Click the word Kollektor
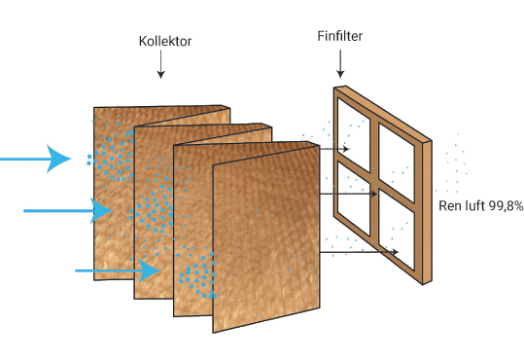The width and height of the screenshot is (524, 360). [x=165, y=41]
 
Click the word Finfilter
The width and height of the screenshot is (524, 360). [x=340, y=36]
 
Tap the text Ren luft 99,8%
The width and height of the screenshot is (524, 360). [x=480, y=205]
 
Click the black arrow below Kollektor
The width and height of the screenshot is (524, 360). [x=160, y=64]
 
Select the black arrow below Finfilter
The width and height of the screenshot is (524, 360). [x=340, y=63]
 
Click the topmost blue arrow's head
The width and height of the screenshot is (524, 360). [x=57, y=159]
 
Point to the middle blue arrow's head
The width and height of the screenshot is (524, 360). [x=100, y=210]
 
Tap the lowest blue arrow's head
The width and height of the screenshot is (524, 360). [x=149, y=270]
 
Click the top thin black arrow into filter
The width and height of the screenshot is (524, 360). [x=334, y=149]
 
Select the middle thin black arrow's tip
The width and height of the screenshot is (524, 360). [x=377, y=194]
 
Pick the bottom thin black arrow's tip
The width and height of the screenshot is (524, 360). [x=398, y=252]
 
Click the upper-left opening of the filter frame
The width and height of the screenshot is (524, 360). [x=354, y=135]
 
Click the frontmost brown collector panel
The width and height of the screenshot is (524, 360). [x=266, y=238]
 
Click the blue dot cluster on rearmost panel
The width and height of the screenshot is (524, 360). [x=112, y=158]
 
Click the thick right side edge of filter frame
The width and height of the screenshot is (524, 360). [x=427, y=213]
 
